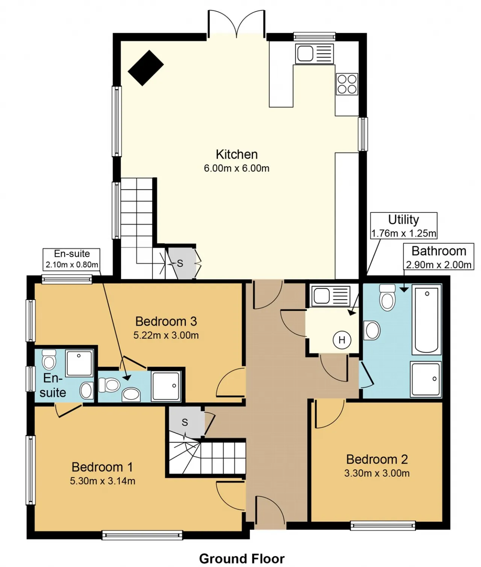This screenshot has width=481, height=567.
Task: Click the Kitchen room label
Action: [x=237, y=155]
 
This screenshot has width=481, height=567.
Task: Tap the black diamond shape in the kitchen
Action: [x=146, y=68]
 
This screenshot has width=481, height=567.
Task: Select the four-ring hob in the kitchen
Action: [x=347, y=84]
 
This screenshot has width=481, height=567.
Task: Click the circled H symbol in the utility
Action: [x=342, y=340]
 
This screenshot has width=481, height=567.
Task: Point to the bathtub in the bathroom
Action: [x=427, y=320]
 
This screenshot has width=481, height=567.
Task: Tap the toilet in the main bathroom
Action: [x=387, y=297]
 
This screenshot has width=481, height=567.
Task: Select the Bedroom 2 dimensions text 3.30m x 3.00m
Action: [x=377, y=473]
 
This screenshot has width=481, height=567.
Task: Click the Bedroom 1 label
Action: [x=102, y=467]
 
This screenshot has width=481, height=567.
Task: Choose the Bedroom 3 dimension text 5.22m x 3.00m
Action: [x=166, y=335]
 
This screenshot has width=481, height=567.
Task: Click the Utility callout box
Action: [x=403, y=226]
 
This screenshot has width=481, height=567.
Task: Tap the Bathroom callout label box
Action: [x=439, y=256]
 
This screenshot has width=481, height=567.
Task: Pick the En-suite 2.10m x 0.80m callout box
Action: [x=71, y=258]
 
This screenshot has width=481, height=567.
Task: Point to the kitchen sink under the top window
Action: [x=315, y=54]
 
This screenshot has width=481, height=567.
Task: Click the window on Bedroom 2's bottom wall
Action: [x=383, y=525]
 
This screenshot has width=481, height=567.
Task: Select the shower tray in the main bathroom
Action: [x=426, y=379]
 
